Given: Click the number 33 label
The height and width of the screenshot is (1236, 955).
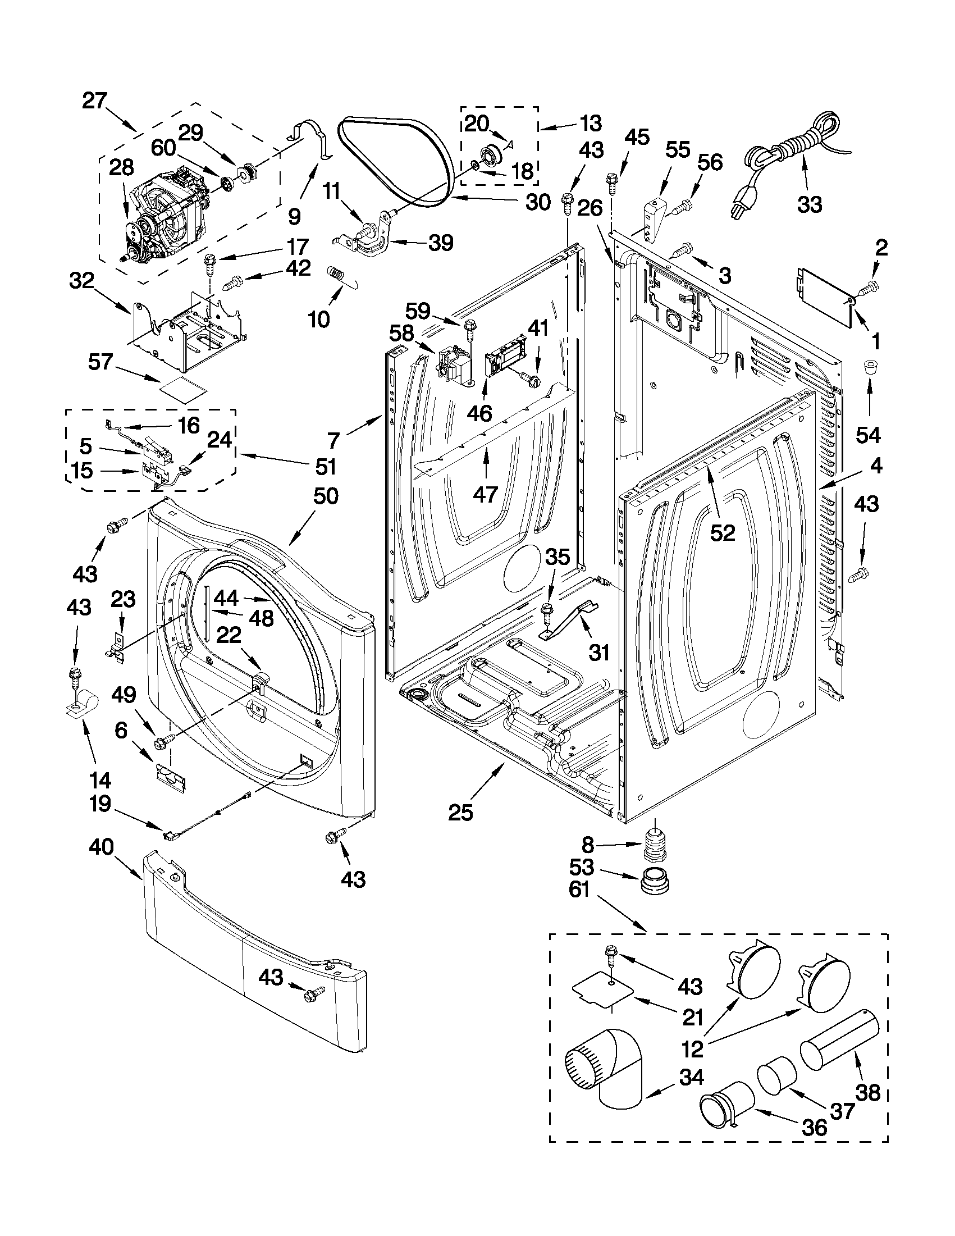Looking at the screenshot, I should click(x=809, y=204).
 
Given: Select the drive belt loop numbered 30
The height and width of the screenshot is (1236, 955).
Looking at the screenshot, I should click(x=396, y=164).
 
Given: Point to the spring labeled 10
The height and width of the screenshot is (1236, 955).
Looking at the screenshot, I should click(x=337, y=275).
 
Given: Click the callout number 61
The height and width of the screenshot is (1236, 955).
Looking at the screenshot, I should click(x=579, y=890).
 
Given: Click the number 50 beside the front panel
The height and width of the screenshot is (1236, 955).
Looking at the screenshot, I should click(x=325, y=496).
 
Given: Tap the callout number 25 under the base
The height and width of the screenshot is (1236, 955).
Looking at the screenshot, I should click(x=460, y=813).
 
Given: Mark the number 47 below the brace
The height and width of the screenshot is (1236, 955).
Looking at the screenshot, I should click(x=485, y=494).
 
